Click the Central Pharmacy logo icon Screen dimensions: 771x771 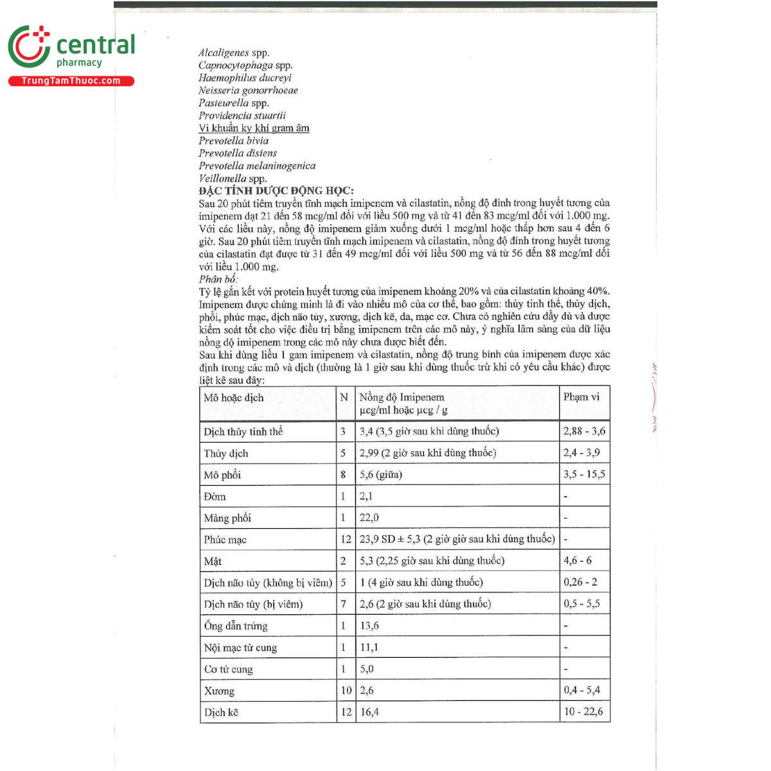click(x=28, y=46)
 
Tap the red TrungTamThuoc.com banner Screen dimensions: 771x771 click(x=71, y=81)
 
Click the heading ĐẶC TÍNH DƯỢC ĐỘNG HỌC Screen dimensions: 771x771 click(x=276, y=191)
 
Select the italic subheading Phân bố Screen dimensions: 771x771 click(x=218, y=279)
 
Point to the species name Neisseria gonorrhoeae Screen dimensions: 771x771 click(x=248, y=91)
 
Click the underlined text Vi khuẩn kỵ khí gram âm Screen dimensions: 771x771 click(x=254, y=128)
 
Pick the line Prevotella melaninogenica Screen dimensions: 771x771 click(x=257, y=166)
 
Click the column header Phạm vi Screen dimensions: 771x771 click(x=581, y=396)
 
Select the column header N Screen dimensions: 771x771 click(x=344, y=397)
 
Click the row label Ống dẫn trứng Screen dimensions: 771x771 click(x=235, y=626)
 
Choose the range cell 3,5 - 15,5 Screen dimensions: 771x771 click(x=584, y=474)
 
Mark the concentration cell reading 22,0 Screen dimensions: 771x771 click(x=369, y=518)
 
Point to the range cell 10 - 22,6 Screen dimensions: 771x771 click(x=583, y=711)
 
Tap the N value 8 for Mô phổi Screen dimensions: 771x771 click(x=343, y=475)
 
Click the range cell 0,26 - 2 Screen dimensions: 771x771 click(x=580, y=582)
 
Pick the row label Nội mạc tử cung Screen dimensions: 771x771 click(x=240, y=648)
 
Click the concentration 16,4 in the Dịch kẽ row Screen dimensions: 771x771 click(x=369, y=712)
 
